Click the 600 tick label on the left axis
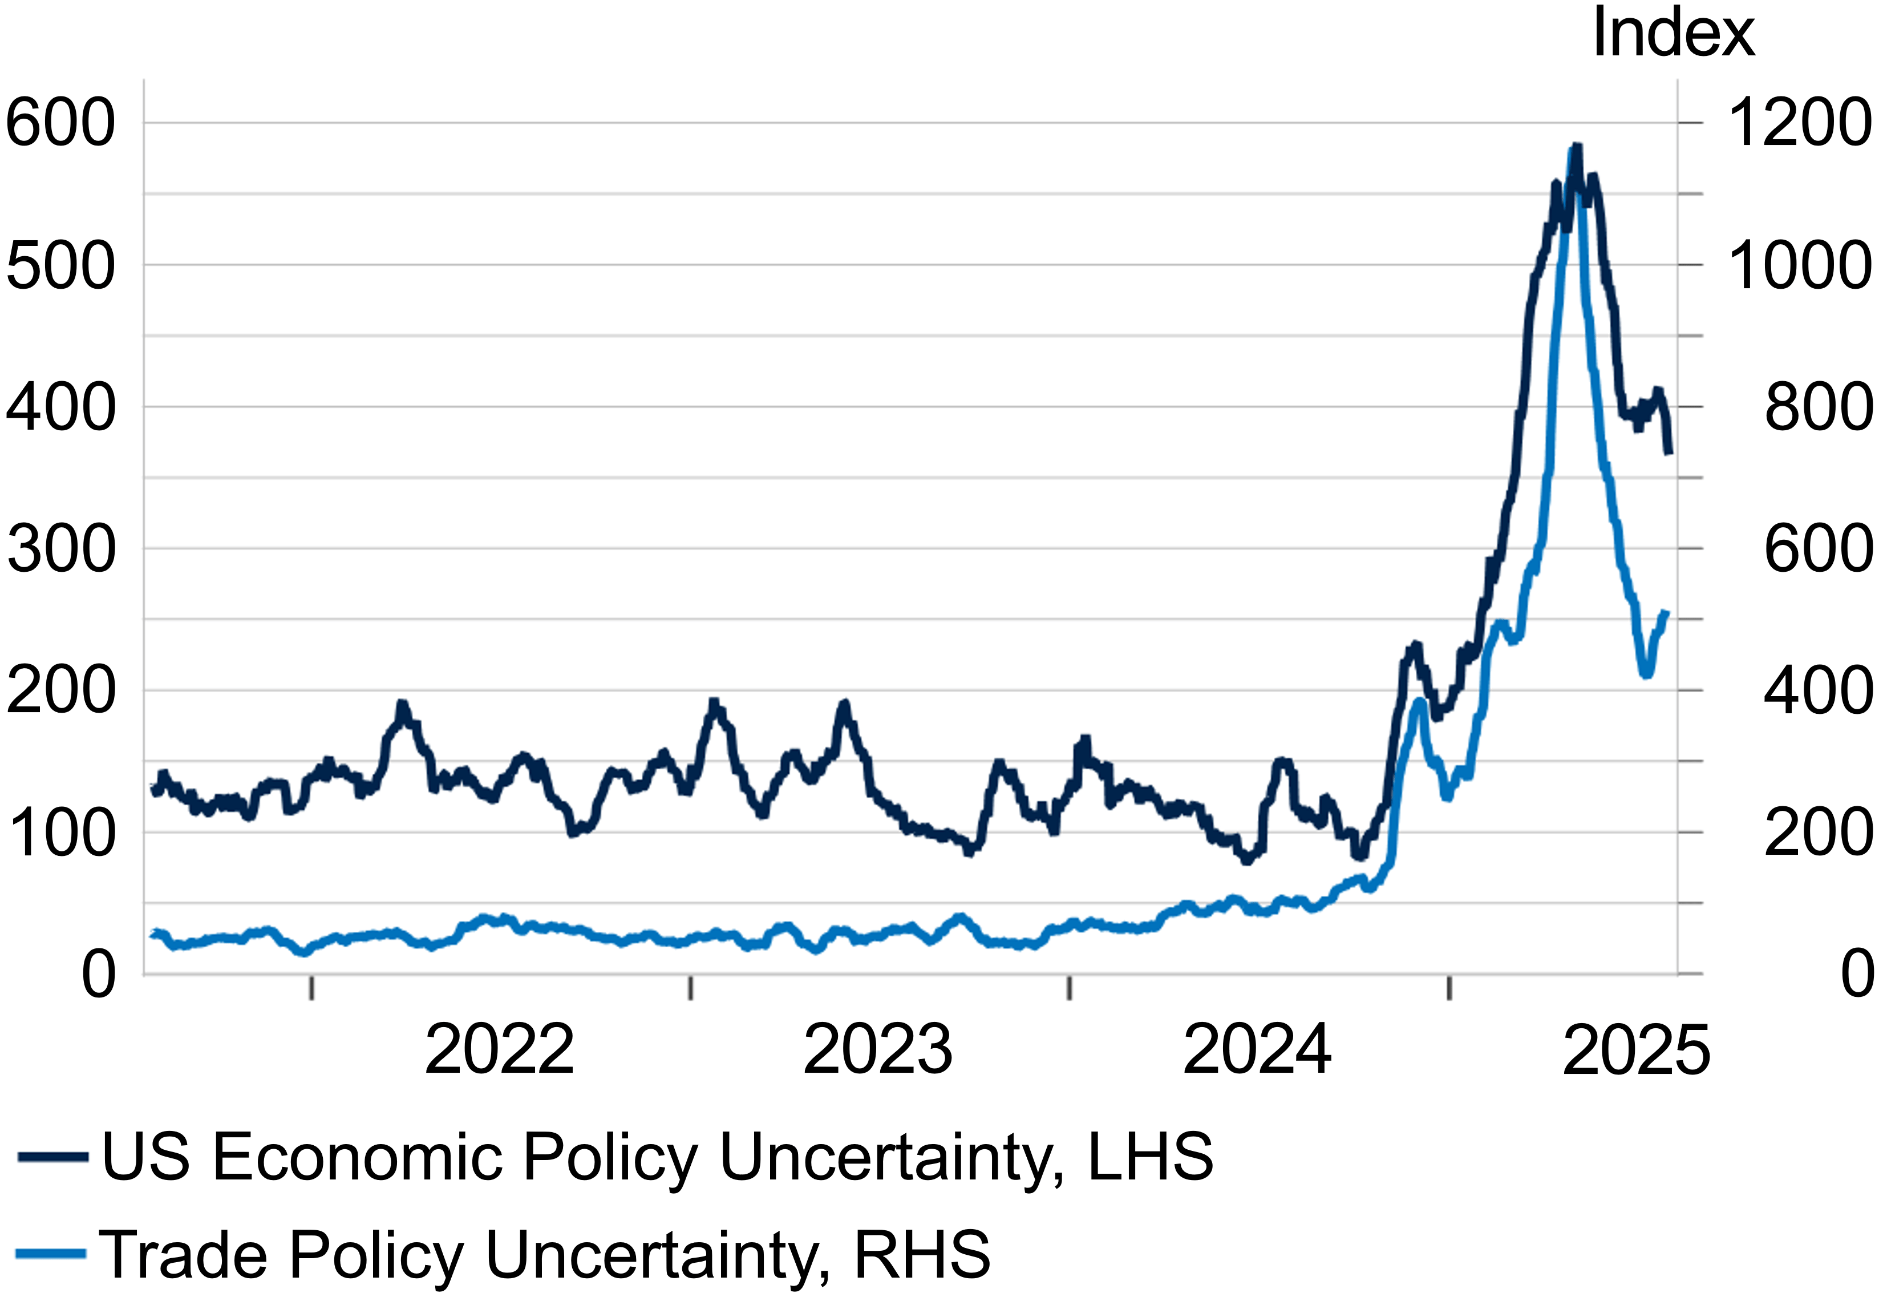pyautogui.click(x=61, y=123)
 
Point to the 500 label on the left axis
pyautogui.click(x=61, y=265)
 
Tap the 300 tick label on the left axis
pyautogui.click(x=61, y=549)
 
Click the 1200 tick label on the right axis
pyautogui.click(x=1799, y=123)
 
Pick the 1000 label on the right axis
pyautogui.click(x=1799, y=265)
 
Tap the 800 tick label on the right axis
pyautogui.click(x=1818, y=407)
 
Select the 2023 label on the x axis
pyautogui.click(x=877, y=1050)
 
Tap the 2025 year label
pyautogui.click(x=1636, y=1050)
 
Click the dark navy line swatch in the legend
pyautogui.click(x=53, y=1157)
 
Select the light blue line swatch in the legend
pyautogui.click(x=50, y=1254)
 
